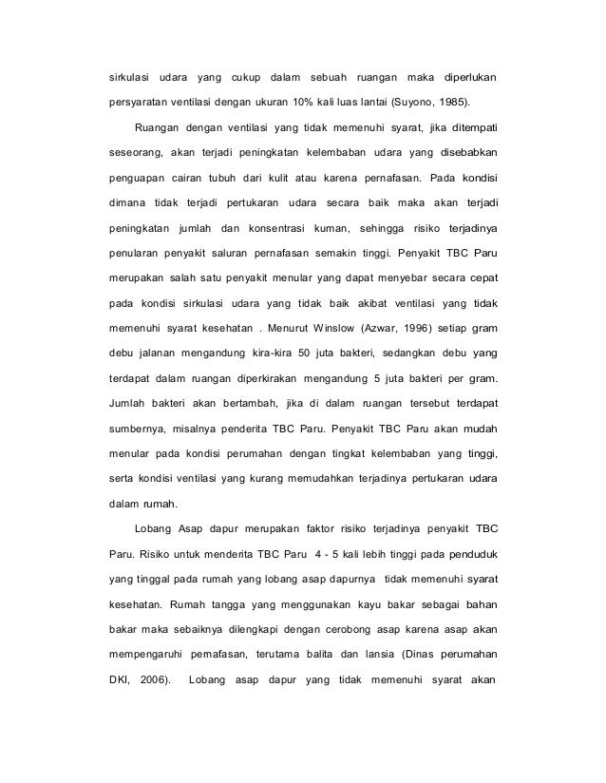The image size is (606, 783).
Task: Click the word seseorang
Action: tap(133, 152)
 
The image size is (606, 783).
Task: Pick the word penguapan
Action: tap(136, 178)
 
